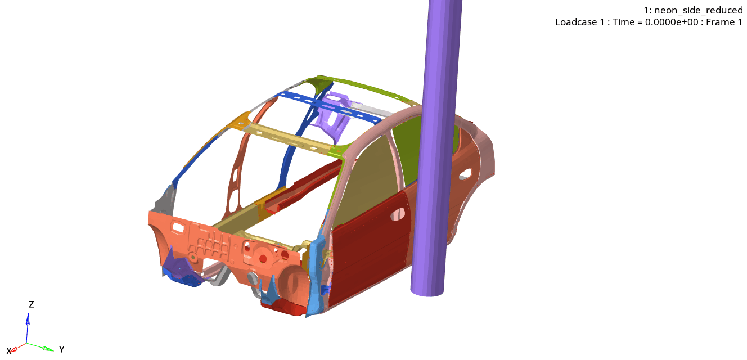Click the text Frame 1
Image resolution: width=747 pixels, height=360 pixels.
(x=723, y=22)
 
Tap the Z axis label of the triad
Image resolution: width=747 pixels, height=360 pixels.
(x=31, y=304)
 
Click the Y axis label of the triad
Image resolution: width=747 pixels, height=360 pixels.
(x=61, y=349)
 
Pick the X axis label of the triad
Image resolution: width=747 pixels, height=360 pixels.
(x=8, y=351)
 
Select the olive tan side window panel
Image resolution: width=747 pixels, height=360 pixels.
(x=366, y=180)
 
